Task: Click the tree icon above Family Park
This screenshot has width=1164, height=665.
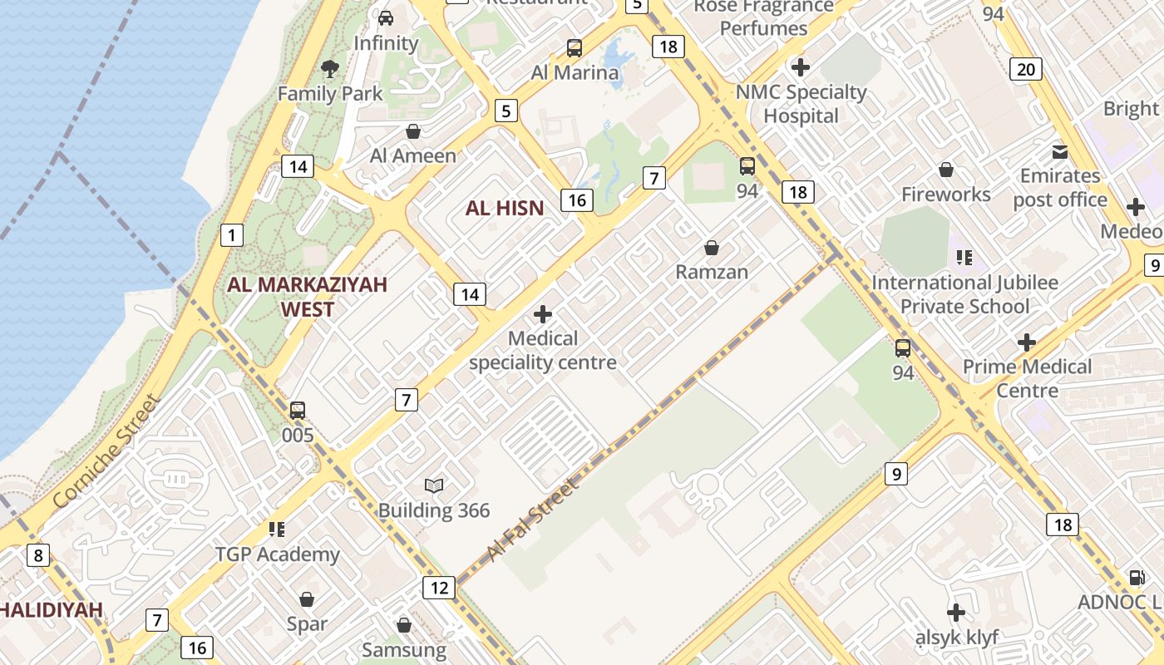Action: click(330, 68)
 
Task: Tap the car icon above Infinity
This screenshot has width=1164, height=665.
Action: click(385, 17)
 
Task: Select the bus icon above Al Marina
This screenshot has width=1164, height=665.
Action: click(575, 47)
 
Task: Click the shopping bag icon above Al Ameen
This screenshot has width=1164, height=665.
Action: click(412, 131)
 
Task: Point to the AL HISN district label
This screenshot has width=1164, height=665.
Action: click(505, 208)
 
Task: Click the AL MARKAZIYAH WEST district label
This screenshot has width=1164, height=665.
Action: click(308, 297)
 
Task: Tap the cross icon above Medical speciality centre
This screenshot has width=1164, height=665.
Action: click(543, 314)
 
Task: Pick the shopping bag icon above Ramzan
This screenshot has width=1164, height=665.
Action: click(712, 248)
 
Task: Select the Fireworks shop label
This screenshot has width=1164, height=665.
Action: click(946, 195)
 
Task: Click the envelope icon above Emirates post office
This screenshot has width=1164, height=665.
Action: click(1059, 151)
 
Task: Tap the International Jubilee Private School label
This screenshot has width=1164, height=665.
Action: click(964, 294)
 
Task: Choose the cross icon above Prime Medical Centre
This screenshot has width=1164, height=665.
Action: click(1027, 342)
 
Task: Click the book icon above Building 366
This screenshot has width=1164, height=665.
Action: click(434, 485)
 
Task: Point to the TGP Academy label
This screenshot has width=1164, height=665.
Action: click(278, 554)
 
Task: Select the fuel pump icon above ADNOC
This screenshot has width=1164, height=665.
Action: click(1136, 577)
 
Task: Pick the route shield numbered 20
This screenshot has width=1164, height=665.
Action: click(1026, 69)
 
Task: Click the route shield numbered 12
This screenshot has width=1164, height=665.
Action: click(439, 589)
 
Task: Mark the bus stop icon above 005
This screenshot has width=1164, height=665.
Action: click(298, 410)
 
